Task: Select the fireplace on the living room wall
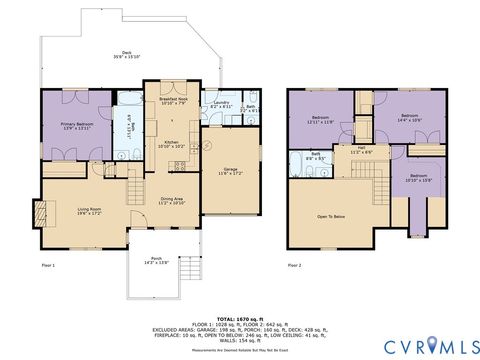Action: click(x=40, y=212)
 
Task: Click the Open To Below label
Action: click(x=331, y=214)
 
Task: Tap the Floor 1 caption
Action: click(x=47, y=265)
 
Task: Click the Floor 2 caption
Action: click(x=294, y=265)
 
